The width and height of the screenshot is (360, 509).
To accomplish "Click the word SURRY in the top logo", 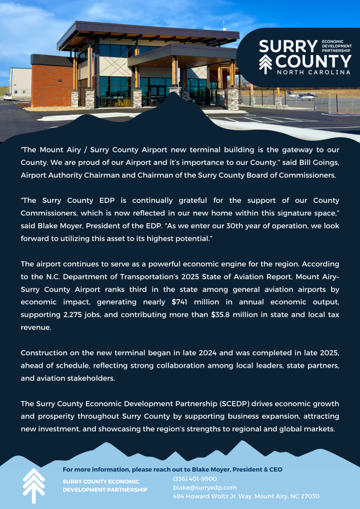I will (x=287, y=47).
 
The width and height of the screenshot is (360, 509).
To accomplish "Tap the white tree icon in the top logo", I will (x=265, y=63).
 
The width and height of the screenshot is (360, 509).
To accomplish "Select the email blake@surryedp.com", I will (x=205, y=488).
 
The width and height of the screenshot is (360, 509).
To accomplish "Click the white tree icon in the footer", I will (x=34, y=485).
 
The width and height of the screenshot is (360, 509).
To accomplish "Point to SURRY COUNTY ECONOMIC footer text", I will (x=101, y=481).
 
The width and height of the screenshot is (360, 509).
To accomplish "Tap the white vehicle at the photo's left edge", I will (x=7, y=96).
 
